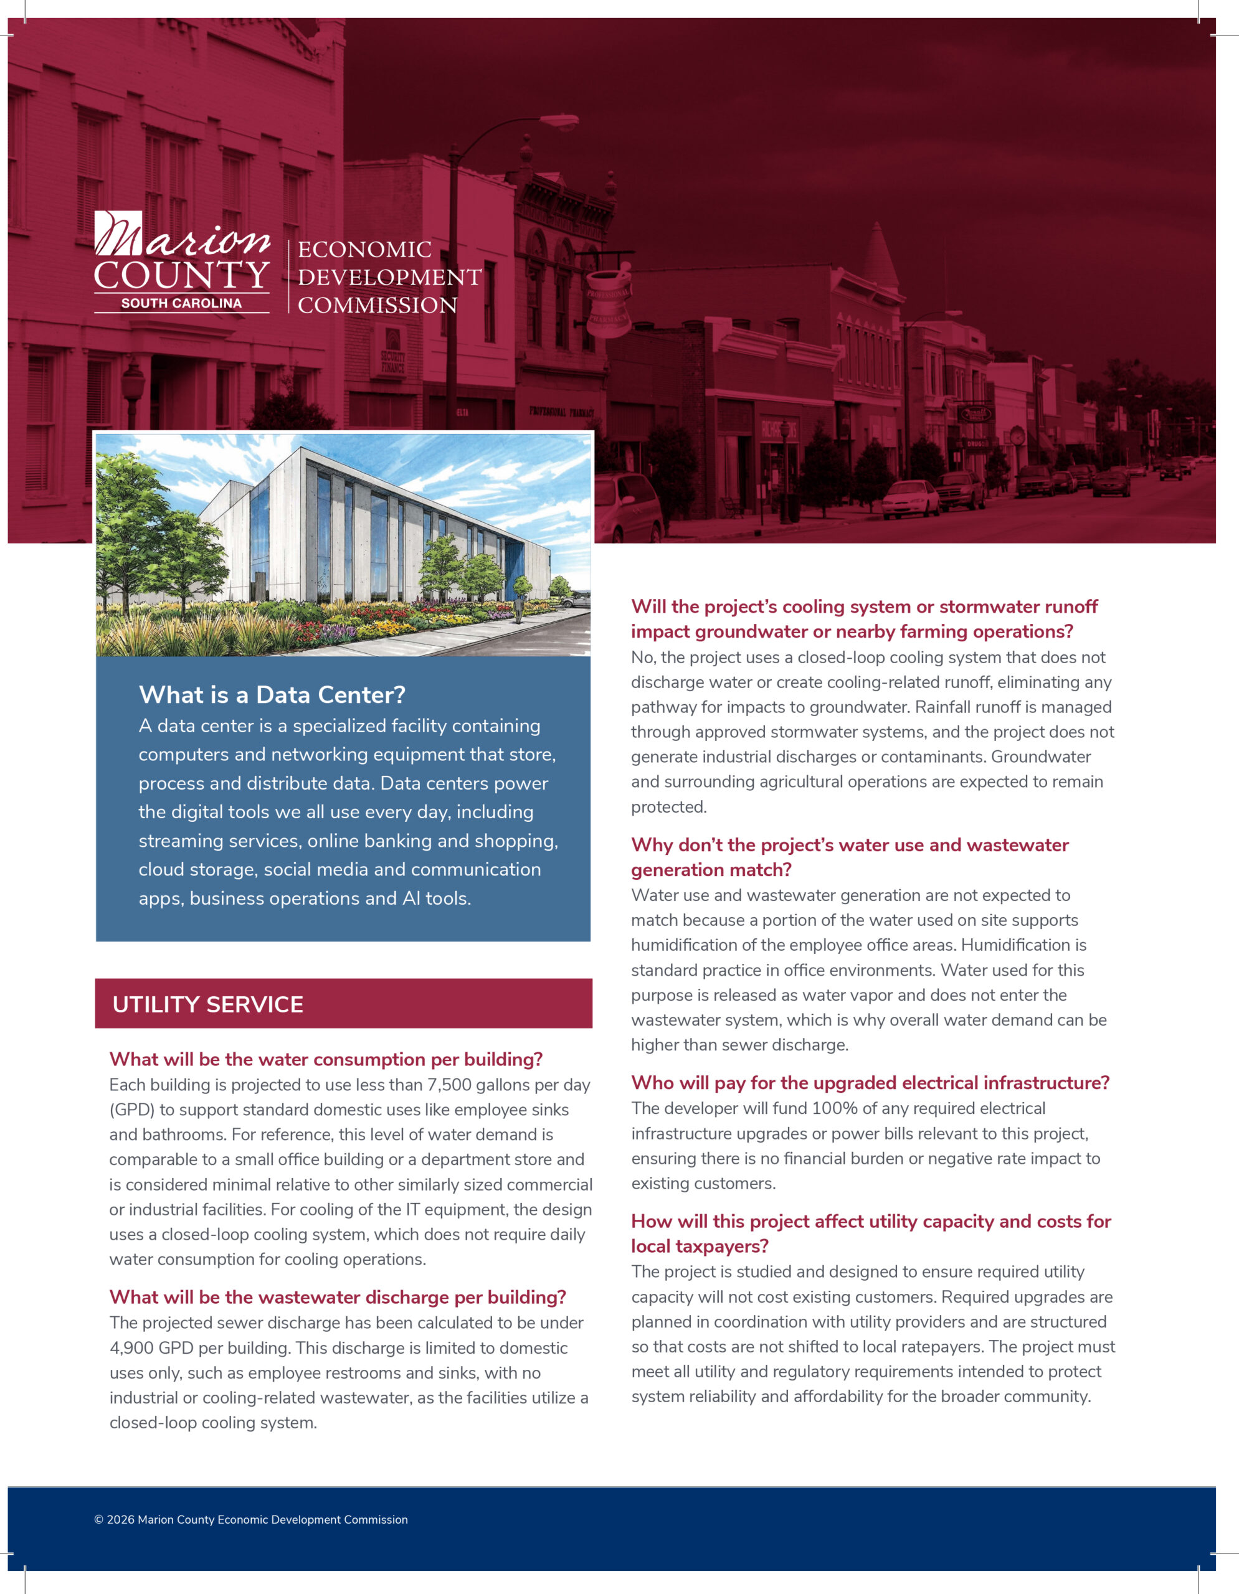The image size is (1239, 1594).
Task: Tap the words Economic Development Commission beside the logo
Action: point(389,277)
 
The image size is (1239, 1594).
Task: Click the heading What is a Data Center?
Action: point(272,695)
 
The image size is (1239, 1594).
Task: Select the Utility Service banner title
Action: point(207,1004)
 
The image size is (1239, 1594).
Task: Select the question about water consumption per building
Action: point(326,1059)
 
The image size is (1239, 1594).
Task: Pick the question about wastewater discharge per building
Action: point(337,1297)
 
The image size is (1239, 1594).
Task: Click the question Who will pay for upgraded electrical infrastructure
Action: point(870,1082)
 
